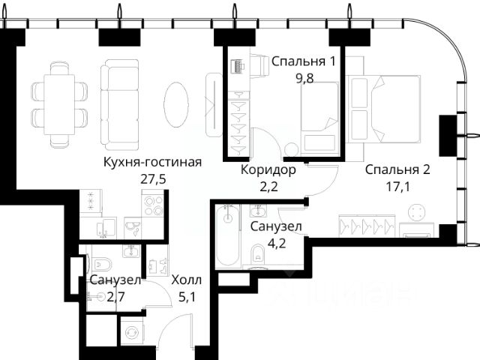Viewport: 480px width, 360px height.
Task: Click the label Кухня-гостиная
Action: point(152,162)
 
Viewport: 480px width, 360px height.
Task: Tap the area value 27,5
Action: point(153,179)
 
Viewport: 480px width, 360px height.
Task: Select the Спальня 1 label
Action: point(303,61)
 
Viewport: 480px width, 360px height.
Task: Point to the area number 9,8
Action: point(304,78)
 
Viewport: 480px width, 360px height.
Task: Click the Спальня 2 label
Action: point(397,169)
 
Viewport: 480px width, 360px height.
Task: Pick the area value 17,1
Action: point(397,187)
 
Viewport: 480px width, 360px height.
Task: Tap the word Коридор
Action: point(268,170)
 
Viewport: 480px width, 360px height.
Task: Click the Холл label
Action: point(187,280)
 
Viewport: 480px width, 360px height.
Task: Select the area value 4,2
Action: point(277,243)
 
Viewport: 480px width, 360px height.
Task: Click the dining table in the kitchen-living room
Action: point(59,104)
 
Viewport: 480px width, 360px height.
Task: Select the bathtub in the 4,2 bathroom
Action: point(226,235)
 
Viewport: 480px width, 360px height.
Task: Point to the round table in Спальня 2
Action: point(417,212)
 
